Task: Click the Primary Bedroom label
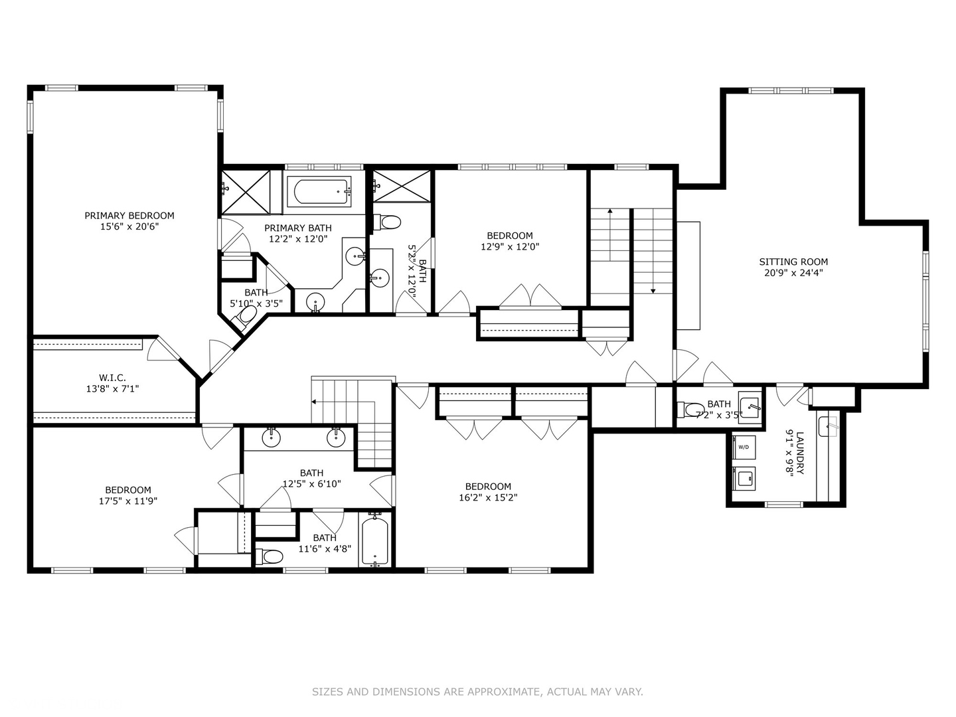[129, 215]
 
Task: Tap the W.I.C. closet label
[112, 378]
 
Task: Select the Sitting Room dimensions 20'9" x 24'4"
[793, 272]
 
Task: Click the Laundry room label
[799, 453]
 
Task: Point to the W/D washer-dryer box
[744, 447]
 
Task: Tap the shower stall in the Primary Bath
[246, 192]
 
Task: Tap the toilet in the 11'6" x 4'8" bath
[270, 556]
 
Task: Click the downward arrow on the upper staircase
[653, 289]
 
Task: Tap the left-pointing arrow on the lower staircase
[313, 402]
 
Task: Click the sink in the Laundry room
[827, 426]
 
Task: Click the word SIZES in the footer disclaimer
[327, 692]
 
